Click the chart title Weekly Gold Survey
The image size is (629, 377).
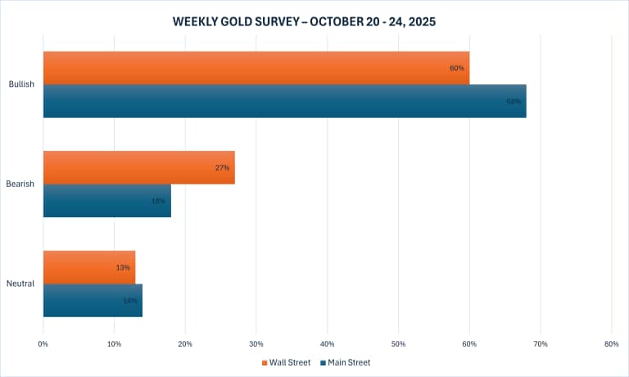coord(314,21)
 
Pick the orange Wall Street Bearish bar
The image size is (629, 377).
coord(138,167)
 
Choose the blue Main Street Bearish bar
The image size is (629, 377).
coord(106,201)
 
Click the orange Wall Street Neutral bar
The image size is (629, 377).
coord(88,267)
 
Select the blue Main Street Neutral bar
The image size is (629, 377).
coord(93,301)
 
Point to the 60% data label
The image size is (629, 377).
coord(457,68)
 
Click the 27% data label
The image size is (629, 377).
coord(222,167)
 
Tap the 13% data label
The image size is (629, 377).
coord(123,267)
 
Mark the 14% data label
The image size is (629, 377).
coord(130,301)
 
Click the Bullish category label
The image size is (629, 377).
coord(20,84)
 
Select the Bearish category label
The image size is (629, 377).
coord(20,184)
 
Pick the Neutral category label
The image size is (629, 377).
coord(20,284)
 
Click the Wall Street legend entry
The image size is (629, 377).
coord(286,361)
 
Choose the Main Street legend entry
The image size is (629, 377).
coord(347,361)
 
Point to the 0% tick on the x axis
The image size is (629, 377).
coord(43,343)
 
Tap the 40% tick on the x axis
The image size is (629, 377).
coord(328,343)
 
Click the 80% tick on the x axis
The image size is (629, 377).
coord(611,343)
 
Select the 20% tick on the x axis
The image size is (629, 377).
coord(185,343)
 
